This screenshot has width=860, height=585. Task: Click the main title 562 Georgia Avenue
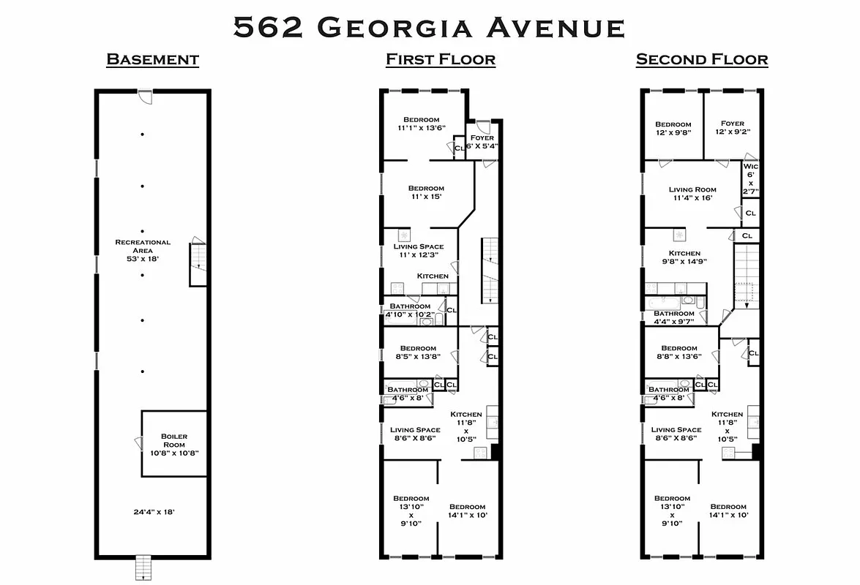(429, 27)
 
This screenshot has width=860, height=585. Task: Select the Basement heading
(152, 59)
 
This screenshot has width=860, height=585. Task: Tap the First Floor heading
(441, 59)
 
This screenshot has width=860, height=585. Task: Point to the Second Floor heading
(701, 59)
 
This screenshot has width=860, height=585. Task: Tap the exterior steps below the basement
(143, 567)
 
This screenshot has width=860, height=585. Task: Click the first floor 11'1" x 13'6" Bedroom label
(421, 124)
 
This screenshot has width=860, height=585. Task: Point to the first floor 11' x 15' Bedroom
(426, 192)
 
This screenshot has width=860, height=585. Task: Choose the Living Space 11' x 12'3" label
(418, 251)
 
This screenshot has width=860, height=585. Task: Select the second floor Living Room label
(692, 194)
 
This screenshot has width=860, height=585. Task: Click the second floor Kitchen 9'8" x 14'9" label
(684, 257)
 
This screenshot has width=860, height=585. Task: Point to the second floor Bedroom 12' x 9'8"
(673, 129)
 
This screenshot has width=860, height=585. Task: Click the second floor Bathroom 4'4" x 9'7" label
(673, 317)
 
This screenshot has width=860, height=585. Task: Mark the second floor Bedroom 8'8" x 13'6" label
(678, 352)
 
